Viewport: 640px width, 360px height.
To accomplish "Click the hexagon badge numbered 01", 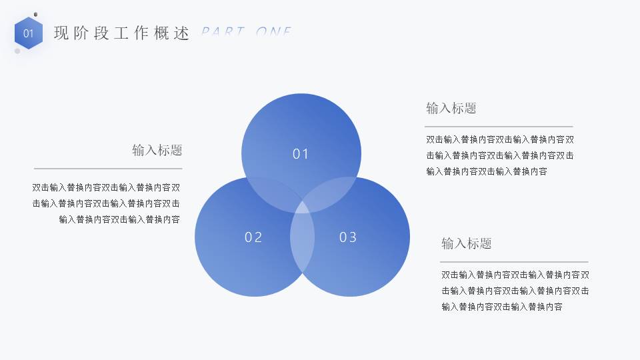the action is click(28, 33).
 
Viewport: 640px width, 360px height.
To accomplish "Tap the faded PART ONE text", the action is click(247, 32).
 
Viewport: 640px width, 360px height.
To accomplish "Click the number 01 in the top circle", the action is click(301, 154).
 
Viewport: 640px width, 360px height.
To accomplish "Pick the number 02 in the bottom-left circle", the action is click(253, 237).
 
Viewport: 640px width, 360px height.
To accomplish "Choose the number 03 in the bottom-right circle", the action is click(348, 237).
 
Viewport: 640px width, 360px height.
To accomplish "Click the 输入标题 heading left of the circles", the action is click(157, 150).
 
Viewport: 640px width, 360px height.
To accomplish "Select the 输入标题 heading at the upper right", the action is click(451, 108).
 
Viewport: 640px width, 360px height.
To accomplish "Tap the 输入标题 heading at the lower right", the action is click(467, 243).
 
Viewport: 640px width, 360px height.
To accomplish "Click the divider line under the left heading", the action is click(108, 169).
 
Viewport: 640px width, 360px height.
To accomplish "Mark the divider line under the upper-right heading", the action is click(499, 127).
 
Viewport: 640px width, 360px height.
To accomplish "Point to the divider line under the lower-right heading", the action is click(514, 262).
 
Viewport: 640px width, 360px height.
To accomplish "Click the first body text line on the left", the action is click(106, 188).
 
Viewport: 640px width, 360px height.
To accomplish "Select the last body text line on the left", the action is click(119, 219).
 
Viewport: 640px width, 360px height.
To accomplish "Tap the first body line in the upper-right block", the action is click(500, 140).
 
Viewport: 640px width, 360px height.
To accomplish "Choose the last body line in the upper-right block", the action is click(487, 171).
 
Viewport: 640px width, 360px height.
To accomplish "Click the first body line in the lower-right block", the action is click(515, 275).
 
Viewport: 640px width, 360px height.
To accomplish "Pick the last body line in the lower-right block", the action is click(501, 307).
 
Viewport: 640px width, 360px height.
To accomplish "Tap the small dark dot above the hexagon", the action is click(35, 14).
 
